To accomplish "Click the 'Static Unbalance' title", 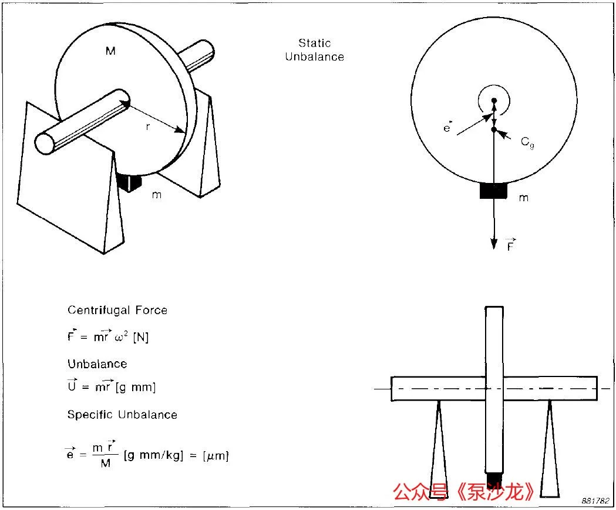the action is pos(315,50).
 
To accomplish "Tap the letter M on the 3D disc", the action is pos(110,51).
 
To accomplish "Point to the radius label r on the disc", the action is pos(148,126).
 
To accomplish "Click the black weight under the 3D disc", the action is pos(130,182).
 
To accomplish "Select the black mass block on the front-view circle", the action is pos(493,191).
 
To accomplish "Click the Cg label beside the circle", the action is pos(527,142).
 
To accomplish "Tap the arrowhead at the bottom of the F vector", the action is pos(494,244).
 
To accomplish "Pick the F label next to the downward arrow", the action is pos(510,244).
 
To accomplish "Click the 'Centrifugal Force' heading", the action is pos(117,311).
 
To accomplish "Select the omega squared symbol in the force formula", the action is pos(122,337).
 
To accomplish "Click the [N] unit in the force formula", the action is pos(141,337).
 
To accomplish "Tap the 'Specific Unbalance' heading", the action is pos(122,415).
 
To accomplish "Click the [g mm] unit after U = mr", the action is pos(136,388).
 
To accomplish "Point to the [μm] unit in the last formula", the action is pos(216,456).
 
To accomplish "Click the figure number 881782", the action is pos(595,501).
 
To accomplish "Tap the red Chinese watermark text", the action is pos(463,492).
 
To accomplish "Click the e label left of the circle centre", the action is pos(447,128).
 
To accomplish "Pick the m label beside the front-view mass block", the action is pos(524,198).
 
